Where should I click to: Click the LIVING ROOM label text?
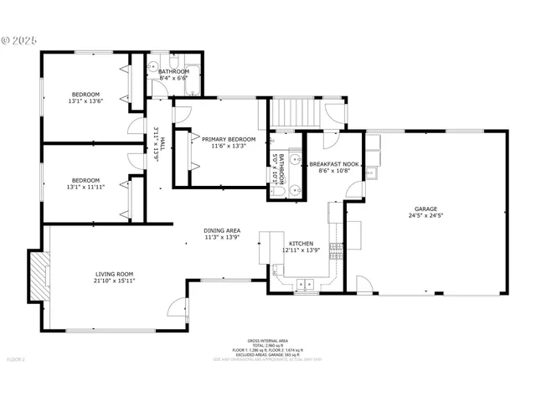114,274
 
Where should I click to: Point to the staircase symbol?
293,111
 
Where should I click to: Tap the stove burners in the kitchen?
336,246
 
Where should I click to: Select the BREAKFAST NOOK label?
334,165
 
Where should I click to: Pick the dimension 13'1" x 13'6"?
85,101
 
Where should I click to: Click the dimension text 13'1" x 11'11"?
85,187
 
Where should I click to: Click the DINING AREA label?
222,230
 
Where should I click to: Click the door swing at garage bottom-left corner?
363,284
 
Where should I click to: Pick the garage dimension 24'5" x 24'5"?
425,216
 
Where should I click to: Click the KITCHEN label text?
301,244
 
